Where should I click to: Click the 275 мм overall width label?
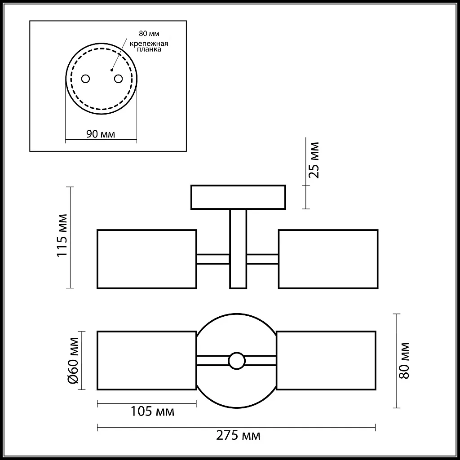[238, 435]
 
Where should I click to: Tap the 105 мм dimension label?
[152, 411]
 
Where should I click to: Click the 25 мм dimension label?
[314, 160]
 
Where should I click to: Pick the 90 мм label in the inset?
[100, 134]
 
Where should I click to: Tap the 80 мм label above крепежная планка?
[149, 34]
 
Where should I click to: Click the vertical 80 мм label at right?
[404, 360]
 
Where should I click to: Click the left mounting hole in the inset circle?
[85, 79]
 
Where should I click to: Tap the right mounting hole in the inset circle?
[118, 79]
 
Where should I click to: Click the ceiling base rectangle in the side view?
[238, 197]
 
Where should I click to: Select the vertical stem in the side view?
[238, 248]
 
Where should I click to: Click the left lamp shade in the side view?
[147, 259]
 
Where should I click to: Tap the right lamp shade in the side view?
[328, 259]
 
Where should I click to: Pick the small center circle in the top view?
[236, 360]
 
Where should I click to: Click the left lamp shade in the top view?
[147, 360]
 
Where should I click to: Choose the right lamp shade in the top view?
[326, 360]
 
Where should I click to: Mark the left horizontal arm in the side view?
[213, 259]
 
